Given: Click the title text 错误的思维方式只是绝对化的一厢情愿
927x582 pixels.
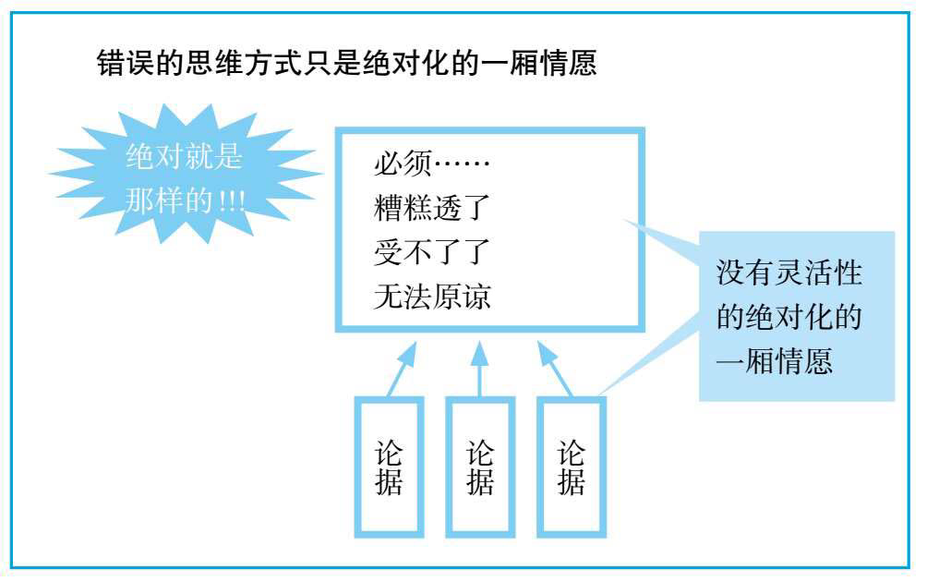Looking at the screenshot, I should click(350, 67).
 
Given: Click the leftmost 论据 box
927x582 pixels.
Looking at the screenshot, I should click(389, 467).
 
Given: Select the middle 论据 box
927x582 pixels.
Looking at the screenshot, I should click(479, 467).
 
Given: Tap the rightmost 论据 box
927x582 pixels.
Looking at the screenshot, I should click(571, 467).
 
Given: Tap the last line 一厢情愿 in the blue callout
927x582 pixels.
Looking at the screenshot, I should click(775, 361).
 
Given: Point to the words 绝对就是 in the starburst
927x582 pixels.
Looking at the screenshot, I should click(184, 158).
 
